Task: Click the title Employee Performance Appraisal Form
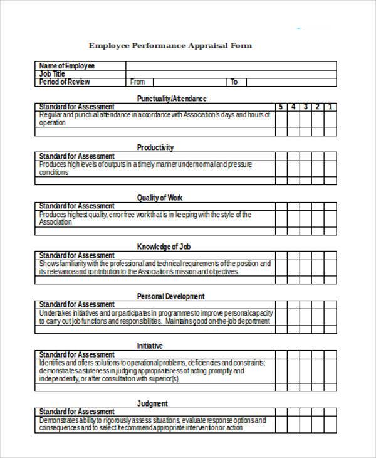pyautogui.click(x=170, y=46)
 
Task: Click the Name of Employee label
pyautogui.click(x=66, y=65)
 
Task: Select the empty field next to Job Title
pyautogui.click(x=231, y=73)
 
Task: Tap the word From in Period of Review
pyautogui.click(x=137, y=82)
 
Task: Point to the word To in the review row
pyautogui.click(x=234, y=82)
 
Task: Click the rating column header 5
pyautogui.click(x=281, y=107)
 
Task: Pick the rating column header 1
pyautogui.click(x=330, y=107)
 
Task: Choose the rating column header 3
pyautogui.click(x=306, y=107)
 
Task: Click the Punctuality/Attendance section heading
pyautogui.click(x=172, y=98)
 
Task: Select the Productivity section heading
pyautogui.click(x=155, y=147)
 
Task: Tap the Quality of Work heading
pyautogui.click(x=160, y=198)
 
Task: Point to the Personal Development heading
pyautogui.click(x=170, y=296)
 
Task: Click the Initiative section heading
pyautogui.click(x=150, y=346)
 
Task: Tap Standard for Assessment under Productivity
pyautogui.click(x=76, y=156)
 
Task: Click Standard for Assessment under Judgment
pyautogui.click(x=76, y=412)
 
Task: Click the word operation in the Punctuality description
pyautogui.click(x=52, y=123)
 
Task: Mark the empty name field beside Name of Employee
pyautogui.click(x=231, y=65)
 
